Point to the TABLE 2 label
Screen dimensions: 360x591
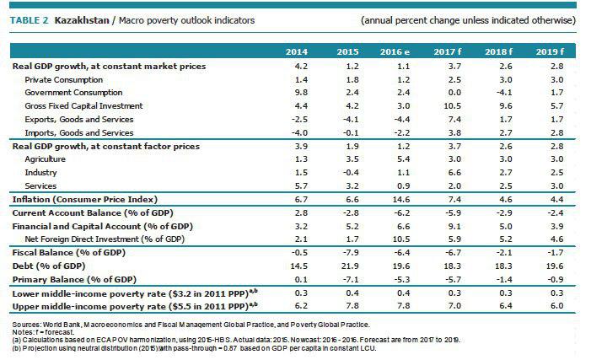point(32,19)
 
